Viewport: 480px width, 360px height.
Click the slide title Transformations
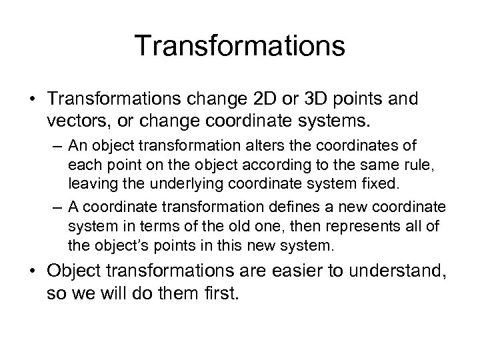[x=240, y=47]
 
